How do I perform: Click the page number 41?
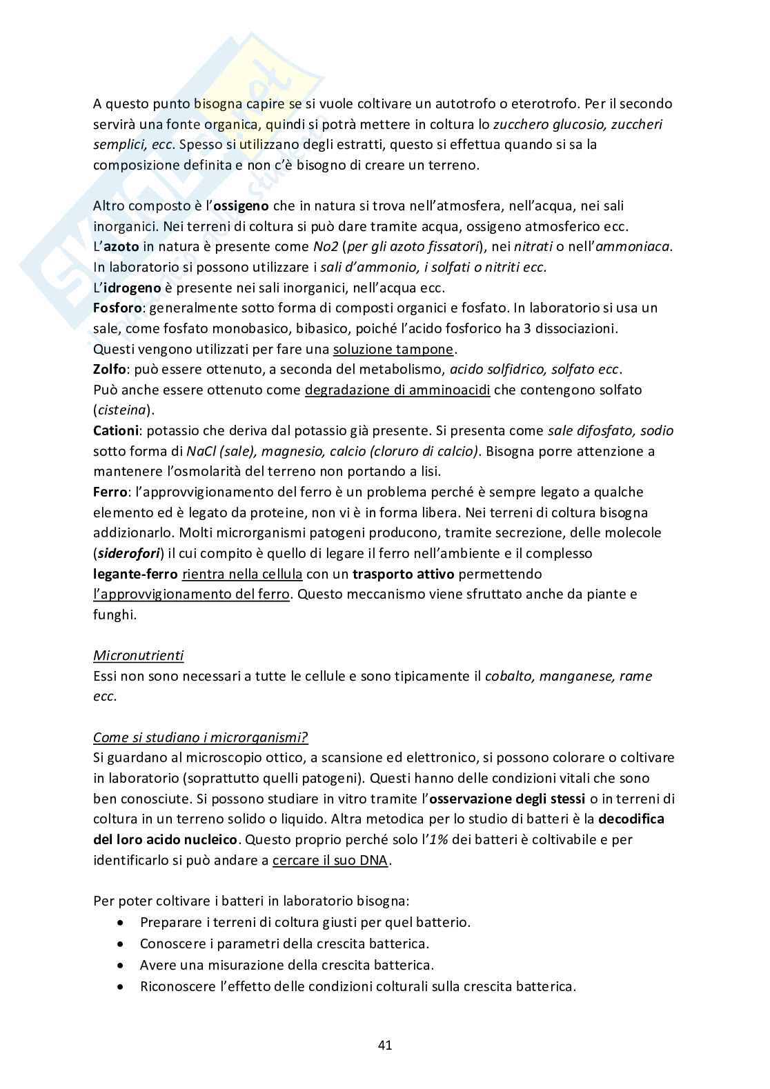point(385,1045)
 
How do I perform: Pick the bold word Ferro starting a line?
point(109,492)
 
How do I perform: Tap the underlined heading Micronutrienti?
point(138,655)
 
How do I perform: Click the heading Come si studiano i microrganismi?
point(200,737)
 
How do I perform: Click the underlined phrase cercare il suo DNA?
point(330,860)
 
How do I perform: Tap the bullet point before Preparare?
point(122,922)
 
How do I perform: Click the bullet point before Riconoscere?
point(122,986)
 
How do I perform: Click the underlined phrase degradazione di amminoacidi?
point(397,390)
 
